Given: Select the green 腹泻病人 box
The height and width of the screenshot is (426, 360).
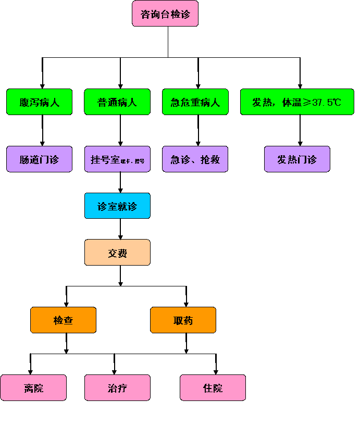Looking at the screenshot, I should pos(40,102).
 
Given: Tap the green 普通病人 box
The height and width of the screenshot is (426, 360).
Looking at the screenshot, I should pos(117,102).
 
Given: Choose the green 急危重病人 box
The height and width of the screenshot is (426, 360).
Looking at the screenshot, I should pos(195,102).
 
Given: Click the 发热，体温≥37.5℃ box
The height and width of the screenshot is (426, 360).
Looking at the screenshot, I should pos(297,102).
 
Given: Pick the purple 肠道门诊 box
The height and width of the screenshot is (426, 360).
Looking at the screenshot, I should pos(40,159).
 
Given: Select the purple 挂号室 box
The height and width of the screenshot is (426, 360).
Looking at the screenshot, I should pos(117,159).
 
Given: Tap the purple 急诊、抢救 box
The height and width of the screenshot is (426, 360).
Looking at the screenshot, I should pos(195,159).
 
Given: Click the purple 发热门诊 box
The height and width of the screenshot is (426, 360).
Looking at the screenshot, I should pos(297,159).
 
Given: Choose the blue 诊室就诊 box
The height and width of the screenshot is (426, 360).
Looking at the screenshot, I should pos(117,206).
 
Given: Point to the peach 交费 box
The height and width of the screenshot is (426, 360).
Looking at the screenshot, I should pos(117,253).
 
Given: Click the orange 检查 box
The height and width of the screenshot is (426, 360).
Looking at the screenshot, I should pos(63,320).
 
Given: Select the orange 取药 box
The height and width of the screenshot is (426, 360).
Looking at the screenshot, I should pos(183,320).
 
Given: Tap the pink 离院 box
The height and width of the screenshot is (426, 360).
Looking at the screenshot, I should pos(33,387).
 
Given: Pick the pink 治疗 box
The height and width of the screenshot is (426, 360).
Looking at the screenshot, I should pos(117,387).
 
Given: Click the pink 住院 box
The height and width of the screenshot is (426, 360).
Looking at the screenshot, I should pos(213,387).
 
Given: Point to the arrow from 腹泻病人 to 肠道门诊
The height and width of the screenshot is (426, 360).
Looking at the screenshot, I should pos(43,131).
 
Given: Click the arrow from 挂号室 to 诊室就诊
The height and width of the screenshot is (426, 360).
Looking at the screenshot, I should pos(121,182).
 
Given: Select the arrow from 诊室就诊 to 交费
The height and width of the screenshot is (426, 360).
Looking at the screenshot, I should pos(121,229).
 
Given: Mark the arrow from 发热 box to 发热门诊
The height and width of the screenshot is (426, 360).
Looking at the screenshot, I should pos(300,131).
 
